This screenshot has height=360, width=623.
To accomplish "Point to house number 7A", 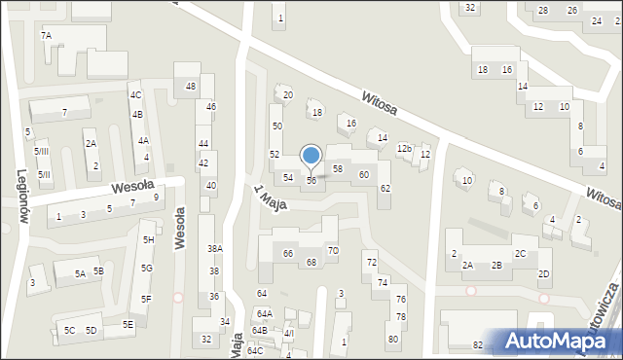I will point(46,35).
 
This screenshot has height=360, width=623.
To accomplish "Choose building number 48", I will point(191,87).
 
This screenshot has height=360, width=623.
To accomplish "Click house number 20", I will point(288,95).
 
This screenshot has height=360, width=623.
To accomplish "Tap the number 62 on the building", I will point(385,188).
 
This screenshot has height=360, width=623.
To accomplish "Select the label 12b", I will point(404,148).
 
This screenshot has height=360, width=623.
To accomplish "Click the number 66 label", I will point(288,254).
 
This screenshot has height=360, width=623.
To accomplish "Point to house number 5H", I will point(148,239).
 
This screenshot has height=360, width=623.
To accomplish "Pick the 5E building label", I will point(128,324).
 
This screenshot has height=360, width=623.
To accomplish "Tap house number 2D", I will point(544,274).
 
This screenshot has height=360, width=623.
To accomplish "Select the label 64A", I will point(264,314).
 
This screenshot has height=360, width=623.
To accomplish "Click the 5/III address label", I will point(42,152).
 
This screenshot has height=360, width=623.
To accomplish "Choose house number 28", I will point(543,11).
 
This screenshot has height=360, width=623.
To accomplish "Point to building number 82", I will point(478,345).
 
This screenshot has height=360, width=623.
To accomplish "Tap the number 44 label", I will point(203,143).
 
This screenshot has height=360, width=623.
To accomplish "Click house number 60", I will point(364,174).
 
